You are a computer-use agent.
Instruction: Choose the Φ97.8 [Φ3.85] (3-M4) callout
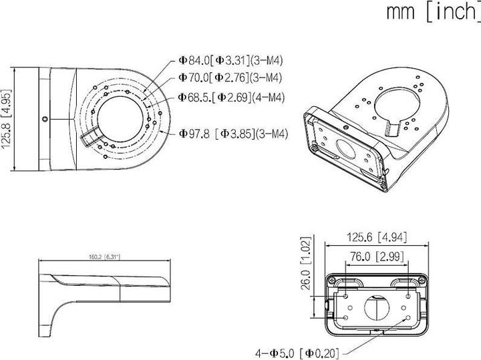(233, 134)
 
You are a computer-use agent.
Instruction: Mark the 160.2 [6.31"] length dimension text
(103, 257)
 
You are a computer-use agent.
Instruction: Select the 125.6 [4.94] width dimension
(377, 236)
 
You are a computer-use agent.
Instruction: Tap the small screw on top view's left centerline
(44, 120)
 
